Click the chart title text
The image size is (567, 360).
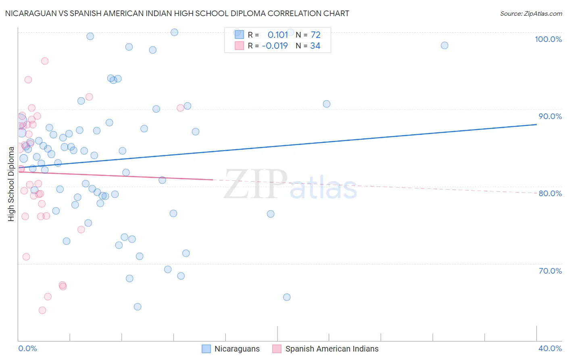pos(177,13)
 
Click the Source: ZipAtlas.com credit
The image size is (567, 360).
pos(531,13)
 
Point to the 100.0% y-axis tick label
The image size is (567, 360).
pos(548,39)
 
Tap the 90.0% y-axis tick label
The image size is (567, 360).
pos(550,116)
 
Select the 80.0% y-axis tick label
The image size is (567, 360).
pos(550,193)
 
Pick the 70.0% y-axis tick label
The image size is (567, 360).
pos(550,271)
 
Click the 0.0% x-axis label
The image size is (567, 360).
pos(28,348)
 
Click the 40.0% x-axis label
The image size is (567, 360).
pos(550,348)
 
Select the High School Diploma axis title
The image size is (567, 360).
pos(11,184)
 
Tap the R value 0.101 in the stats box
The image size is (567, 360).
pos(278,35)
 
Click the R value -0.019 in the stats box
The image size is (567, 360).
pos(275,46)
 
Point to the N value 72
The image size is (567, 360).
pos(315,35)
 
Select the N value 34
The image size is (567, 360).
pos(315,46)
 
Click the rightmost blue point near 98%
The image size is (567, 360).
pos(444,45)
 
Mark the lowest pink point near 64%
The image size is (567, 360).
pos(42,310)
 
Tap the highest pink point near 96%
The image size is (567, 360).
pos(45,61)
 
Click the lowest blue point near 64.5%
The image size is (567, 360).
pos(138,307)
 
